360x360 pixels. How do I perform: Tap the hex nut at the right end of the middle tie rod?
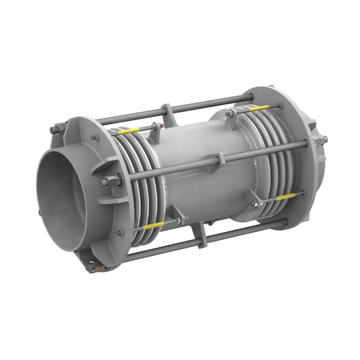pos(319,140)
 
